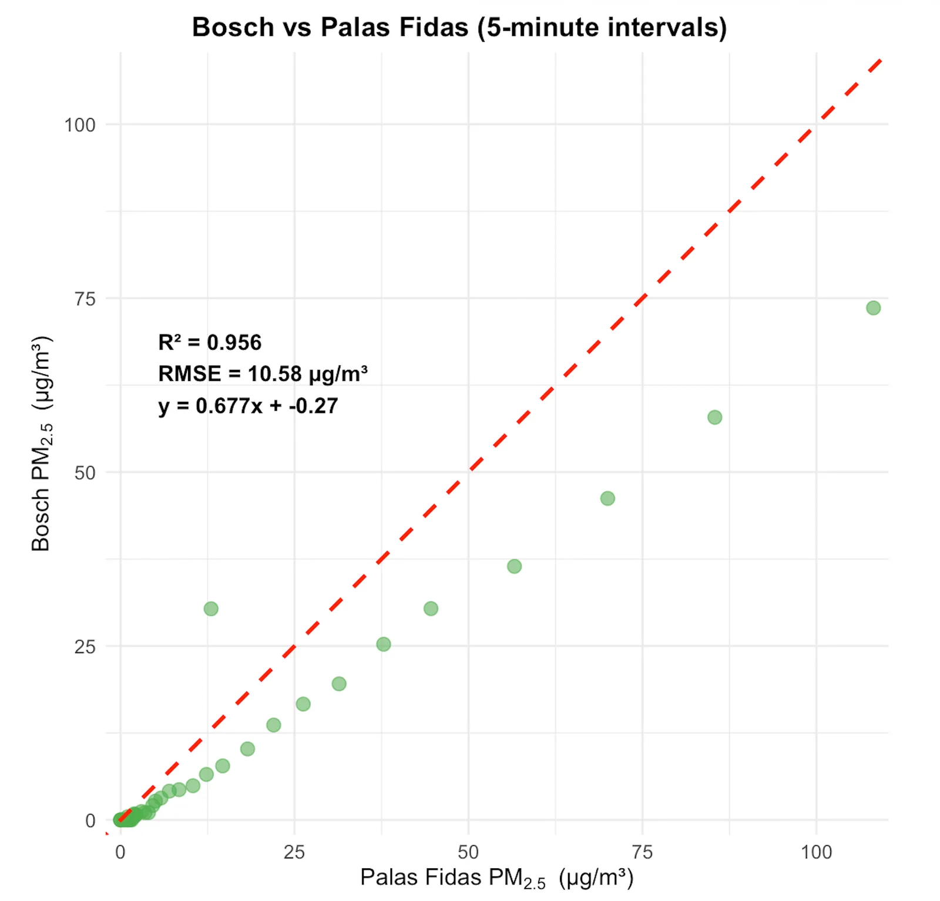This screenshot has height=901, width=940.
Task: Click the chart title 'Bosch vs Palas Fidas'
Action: click(x=459, y=27)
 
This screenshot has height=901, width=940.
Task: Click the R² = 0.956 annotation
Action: click(x=210, y=342)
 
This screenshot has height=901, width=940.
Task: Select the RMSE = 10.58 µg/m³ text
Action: click(x=263, y=374)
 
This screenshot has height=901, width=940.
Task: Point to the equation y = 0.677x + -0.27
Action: click(x=248, y=406)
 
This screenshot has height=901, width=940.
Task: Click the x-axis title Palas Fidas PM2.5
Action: click(x=496, y=878)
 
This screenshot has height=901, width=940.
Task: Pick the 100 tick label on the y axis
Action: click(x=80, y=125)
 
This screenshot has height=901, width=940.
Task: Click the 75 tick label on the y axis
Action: click(x=85, y=299)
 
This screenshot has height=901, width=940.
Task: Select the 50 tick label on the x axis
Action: click(x=468, y=852)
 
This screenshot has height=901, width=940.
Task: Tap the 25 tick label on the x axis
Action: click(x=294, y=852)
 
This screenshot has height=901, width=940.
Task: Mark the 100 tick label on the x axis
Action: click(x=816, y=852)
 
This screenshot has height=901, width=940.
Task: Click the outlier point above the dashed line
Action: click(x=211, y=608)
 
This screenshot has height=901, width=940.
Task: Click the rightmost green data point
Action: click(x=873, y=308)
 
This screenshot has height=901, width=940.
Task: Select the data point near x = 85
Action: click(x=714, y=418)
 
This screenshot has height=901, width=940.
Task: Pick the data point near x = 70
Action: click(x=607, y=499)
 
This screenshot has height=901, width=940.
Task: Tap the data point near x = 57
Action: click(x=514, y=566)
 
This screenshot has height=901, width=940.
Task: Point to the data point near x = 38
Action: click(x=383, y=644)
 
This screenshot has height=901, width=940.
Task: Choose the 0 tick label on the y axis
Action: click(x=90, y=821)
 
